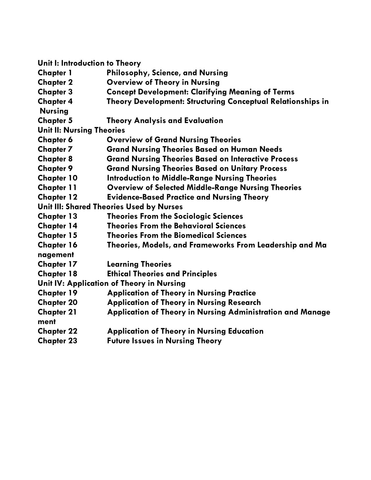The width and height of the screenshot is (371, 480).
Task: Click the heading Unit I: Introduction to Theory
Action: click(89, 63)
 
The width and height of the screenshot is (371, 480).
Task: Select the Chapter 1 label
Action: click(55, 73)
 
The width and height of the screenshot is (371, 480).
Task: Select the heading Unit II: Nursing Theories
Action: click(81, 130)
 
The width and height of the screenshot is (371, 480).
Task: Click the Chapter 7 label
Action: click(55, 149)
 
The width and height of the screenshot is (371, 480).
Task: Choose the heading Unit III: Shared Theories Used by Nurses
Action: click(110, 207)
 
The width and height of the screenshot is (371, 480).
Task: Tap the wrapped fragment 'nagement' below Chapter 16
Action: click(56, 255)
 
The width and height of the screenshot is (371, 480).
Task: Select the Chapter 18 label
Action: click(57, 274)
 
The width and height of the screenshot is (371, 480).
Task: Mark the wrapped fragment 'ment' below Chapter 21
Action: click(47, 322)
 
